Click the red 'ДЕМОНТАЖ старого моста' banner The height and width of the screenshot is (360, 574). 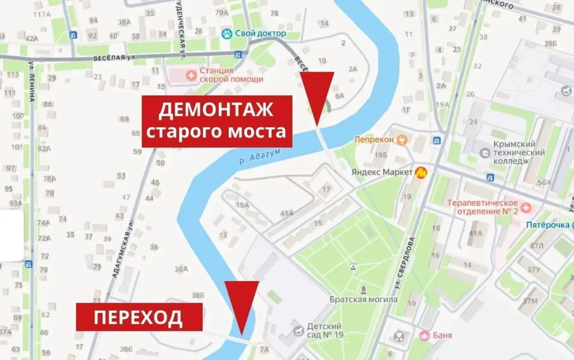pos(217,121)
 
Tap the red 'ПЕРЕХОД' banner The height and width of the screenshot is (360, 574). pos(138,317)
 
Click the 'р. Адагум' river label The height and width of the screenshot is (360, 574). pos(259,156)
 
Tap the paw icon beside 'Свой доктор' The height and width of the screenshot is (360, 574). pos(226,33)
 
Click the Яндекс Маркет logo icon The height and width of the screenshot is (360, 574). pos(421,172)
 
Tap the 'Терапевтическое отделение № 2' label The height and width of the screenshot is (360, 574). pos(483,207)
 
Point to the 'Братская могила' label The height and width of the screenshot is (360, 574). pos(364,299)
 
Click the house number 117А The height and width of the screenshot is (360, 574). pos(42,14)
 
